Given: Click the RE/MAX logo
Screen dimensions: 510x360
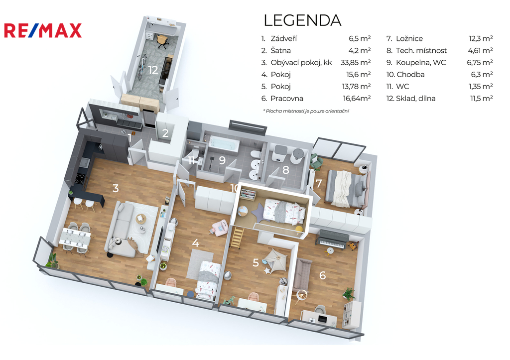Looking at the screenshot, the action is pyautogui.click(x=43, y=31).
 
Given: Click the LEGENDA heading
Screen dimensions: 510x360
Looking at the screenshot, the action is pyautogui.click(x=302, y=20).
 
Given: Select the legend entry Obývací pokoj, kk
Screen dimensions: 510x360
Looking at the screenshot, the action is pyautogui.click(x=301, y=62).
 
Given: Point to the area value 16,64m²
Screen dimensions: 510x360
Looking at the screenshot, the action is pyautogui.click(x=357, y=98).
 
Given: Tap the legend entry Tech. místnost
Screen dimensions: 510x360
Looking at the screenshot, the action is pyautogui.click(x=421, y=50).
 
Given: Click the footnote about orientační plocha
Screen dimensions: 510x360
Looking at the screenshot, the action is pyautogui.click(x=306, y=111).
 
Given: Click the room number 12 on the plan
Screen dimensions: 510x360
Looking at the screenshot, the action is pyautogui.click(x=153, y=70).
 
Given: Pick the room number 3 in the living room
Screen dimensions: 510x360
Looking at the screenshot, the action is pyautogui.click(x=116, y=188).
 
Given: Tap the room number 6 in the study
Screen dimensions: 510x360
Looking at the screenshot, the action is pyautogui.click(x=322, y=275).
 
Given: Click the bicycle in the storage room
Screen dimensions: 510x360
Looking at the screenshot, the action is pyautogui.click(x=141, y=67).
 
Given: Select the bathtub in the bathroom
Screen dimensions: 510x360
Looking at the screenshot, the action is pyautogui.click(x=224, y=143).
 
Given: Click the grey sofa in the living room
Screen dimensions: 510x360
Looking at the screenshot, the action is pyautogui.click(x=122, y=230).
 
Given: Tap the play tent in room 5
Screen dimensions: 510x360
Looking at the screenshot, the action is pyautogui.click(x=275, y=259).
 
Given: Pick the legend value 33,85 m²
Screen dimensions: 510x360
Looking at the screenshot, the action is pyautogui.click(x=356, y=62).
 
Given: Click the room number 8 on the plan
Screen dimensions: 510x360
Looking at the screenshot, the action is pyautogui.click(x=285, y=170).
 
